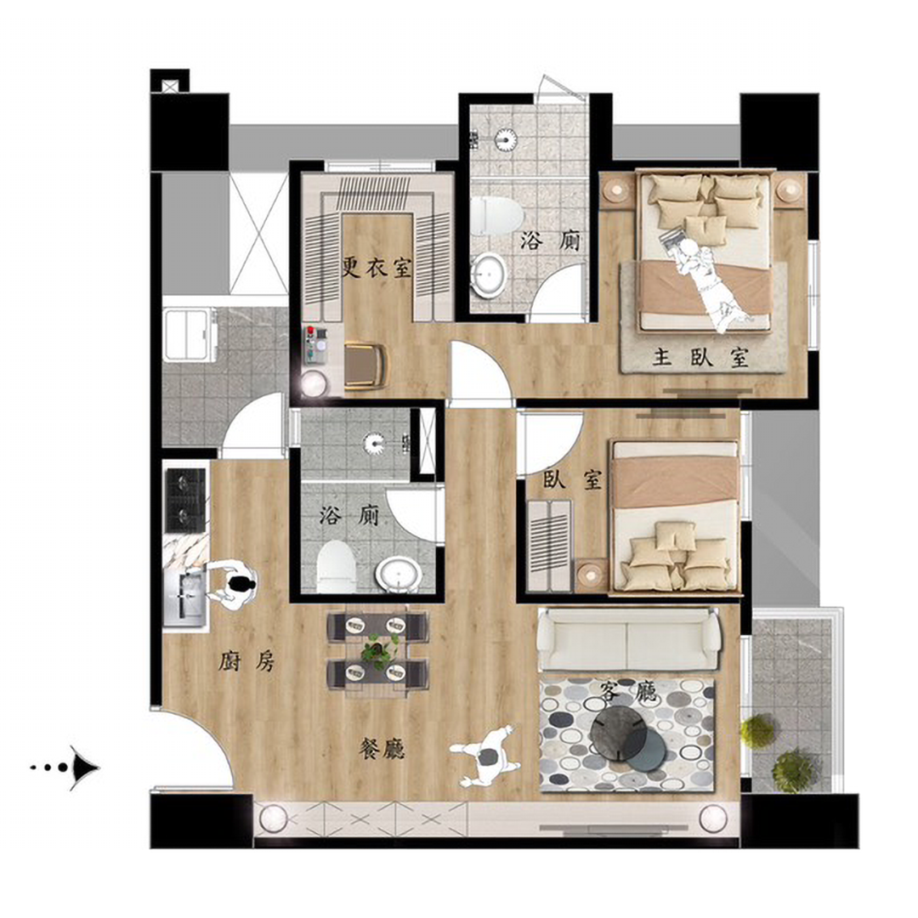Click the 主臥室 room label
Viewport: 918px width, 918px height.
point(700,357)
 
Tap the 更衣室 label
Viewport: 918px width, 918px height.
point(377,268)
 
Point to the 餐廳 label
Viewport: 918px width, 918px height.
point(382,749)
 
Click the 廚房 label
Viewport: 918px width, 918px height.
point(246,662)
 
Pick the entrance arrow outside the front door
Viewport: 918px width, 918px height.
point(65,767)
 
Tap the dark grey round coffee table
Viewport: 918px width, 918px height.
point(618,734)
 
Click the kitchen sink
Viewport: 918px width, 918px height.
point(185,595)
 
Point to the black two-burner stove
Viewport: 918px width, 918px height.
point(186,500)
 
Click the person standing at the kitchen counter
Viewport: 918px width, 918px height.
point(232,586)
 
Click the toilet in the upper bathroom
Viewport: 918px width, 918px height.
point(497,215)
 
